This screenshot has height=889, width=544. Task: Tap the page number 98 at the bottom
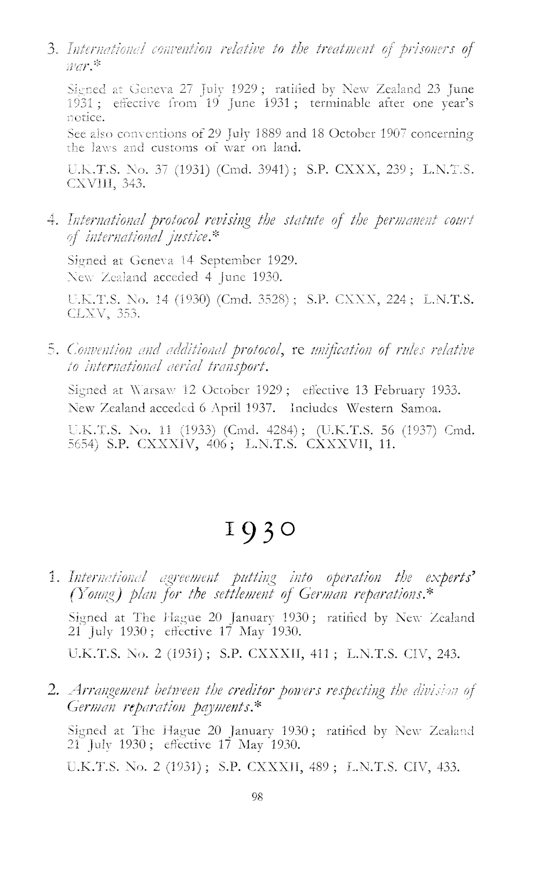257,797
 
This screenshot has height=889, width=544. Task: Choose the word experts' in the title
451,585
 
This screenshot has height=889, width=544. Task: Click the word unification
354,351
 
